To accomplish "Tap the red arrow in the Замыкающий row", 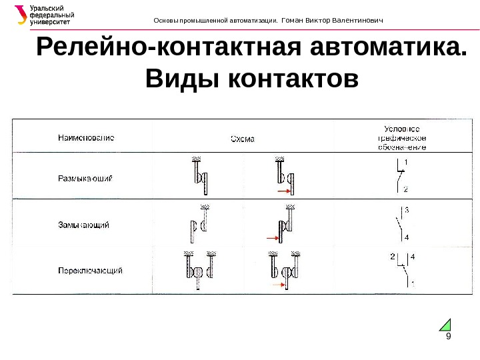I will pyautogui.click(x=271, y=237).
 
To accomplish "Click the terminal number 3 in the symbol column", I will pyautogui.click(x=407, y=210).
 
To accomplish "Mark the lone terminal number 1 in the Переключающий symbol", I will pyautogui.click(x=412, y=283).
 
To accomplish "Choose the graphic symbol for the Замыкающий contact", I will pyautogui.click(x=400, y=223).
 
